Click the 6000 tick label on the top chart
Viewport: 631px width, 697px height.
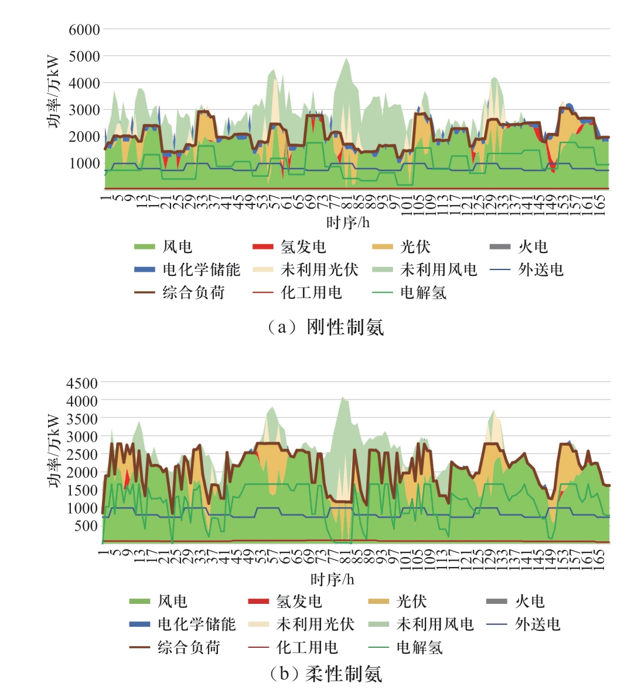click(x=84, y=29)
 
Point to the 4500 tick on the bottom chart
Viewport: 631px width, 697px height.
click(x=82, y=383)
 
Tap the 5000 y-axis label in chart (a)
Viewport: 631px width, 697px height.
click(x=84, y=56)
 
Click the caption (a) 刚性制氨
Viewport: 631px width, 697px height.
click(x=326, y=326)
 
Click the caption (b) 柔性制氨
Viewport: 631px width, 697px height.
click(x=326, y=674)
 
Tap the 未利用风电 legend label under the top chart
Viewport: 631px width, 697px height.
click(x=438, y=269)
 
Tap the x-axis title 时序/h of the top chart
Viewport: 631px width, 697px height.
click(x=348, y=223)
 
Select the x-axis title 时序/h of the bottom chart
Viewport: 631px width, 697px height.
click(x=332, y=579)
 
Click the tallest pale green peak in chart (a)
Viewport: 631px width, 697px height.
click(x=346, y=59)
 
